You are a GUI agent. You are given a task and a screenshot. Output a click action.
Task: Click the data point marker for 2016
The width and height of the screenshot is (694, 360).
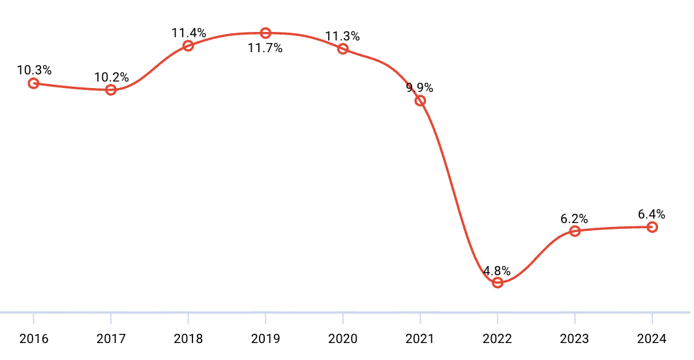click(33, 83)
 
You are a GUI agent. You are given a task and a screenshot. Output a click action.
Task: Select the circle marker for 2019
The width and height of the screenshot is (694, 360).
click(265, 33)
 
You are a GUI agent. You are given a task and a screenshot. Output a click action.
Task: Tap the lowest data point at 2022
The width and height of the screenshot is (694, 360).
click(498, 282)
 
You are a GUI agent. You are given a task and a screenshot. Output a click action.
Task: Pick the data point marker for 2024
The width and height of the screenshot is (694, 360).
click(652, 227)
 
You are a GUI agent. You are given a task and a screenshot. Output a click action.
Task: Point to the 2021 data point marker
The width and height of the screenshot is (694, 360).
click(420, 100)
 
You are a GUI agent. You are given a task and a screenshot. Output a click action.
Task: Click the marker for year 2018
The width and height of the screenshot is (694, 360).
click(188, 46)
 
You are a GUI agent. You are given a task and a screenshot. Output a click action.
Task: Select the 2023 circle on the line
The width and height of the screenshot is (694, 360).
click(575, 231)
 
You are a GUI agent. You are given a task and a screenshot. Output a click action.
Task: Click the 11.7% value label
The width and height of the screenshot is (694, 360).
click(265, 48)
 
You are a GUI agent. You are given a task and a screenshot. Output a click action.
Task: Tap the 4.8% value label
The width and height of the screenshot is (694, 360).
click(497, 271)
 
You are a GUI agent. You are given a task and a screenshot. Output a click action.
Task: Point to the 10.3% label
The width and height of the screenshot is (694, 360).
click(34, 70)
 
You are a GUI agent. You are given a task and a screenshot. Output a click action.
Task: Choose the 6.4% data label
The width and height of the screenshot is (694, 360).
click(652, 214)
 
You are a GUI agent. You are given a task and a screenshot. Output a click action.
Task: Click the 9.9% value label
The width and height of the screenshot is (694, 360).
click(419, 88)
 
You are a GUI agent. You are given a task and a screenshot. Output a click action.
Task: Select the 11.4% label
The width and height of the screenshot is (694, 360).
click(189, 33)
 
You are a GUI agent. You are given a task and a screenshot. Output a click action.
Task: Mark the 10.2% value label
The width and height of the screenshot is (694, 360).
click(112, 77)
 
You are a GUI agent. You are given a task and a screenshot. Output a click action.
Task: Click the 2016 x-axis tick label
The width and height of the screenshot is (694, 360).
click(33, 338)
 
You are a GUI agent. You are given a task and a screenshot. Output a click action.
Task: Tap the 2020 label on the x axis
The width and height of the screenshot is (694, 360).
click(342, 338)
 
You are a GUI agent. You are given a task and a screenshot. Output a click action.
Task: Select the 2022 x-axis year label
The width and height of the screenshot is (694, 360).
click(498, 338)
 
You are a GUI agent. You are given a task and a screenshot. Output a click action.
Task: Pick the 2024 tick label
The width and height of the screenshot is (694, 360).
click(652, 338)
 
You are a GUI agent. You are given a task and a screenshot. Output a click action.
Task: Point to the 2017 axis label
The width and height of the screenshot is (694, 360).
click(111, 338)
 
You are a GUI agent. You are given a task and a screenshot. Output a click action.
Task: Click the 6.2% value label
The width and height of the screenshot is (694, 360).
click(574, 218)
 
